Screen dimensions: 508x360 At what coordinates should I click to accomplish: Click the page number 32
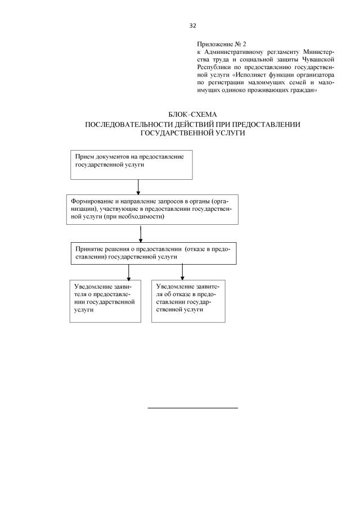[192, 26]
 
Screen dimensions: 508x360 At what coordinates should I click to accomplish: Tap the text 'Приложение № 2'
[222, 43]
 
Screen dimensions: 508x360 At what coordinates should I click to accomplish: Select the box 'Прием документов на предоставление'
[132, 164]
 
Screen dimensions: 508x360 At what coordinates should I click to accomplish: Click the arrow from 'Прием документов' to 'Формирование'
[138, 187]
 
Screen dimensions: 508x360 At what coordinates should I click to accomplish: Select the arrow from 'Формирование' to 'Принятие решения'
[140, 233]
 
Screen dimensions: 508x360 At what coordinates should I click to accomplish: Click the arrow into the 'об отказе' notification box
[182, 271]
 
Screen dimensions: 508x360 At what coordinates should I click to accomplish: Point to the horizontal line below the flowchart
[192, 407]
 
